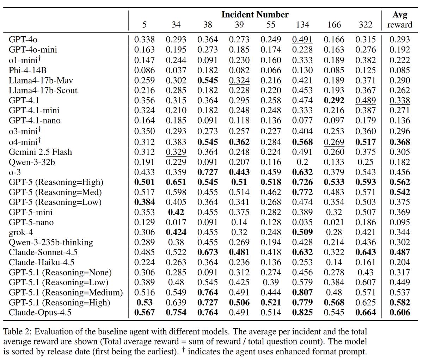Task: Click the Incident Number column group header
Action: [x=255, y=15]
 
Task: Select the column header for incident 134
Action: [x=302, y=25]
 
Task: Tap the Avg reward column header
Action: [x=400, y=20]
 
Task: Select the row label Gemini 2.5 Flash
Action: [x=40, y=152]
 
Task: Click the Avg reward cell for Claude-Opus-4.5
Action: [x=400, y=313]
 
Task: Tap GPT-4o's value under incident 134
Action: [x=302, y=39]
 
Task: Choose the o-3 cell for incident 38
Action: [x=208, y=172]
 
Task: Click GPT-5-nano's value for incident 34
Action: [x=176, y=222]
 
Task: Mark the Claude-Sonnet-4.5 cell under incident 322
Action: [x=366, y=252]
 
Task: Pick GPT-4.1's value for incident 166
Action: [x=334, y=100]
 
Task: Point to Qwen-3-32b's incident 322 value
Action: [x=366, y=162]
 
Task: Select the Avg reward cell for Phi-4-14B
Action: [x=400, y=70]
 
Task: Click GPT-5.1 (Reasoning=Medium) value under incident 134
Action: [x=302, y=293]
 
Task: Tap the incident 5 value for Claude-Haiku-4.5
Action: [x=144, y=263]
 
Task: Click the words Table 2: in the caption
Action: [x=17, y=332]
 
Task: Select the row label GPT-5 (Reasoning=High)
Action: [x=56, y=182]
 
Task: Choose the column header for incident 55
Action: [x=271, y=25]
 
